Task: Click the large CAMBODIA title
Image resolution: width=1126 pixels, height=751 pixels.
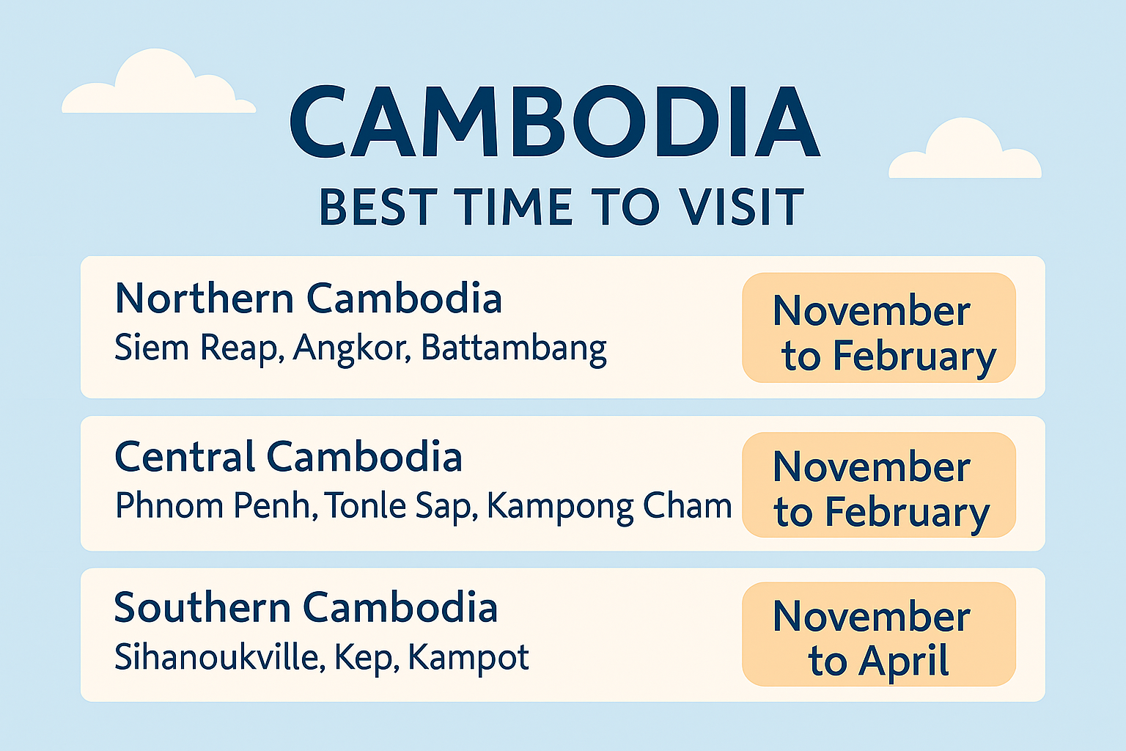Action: coord(555,121)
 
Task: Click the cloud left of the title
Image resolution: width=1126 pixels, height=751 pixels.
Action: coord(158,81)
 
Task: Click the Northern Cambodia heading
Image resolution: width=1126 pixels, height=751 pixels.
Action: coord(309,298)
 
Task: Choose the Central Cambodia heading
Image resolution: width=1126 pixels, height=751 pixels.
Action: coord(289,456)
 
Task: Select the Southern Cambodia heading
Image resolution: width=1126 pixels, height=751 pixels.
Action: coord(306,607)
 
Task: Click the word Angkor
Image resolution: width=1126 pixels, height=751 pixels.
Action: coord(352,348)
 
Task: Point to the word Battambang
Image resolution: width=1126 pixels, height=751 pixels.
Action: coord(514,349)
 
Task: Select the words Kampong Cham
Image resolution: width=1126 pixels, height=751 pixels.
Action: coord(609,507)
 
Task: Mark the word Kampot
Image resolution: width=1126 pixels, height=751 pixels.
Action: coord(468,658)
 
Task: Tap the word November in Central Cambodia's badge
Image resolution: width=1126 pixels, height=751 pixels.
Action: coord(872,466)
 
